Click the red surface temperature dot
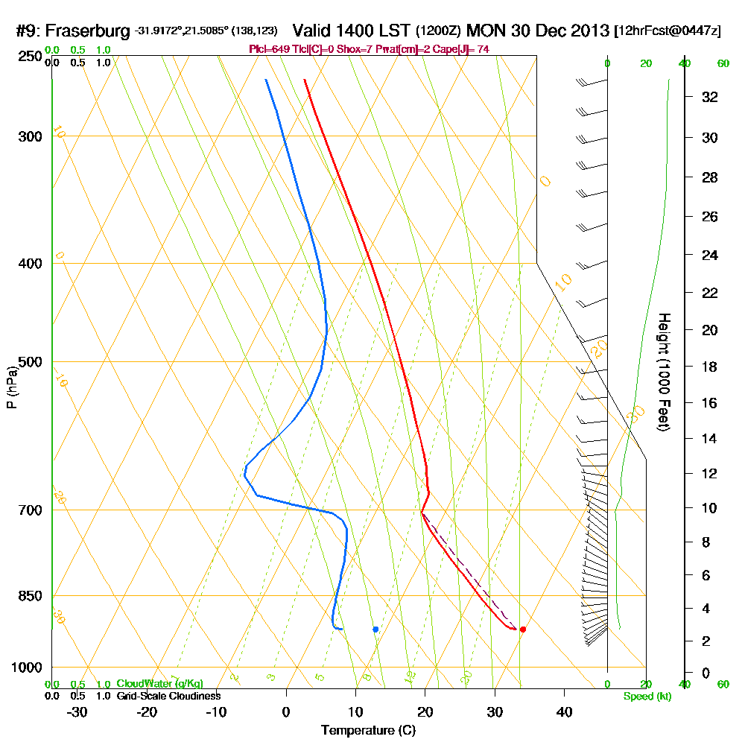523,630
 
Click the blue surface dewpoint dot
375,630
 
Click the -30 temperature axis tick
77,712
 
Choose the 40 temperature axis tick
564,712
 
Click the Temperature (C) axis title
368,731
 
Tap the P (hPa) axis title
11,387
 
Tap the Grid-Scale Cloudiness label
168,696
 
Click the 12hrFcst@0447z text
667,31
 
